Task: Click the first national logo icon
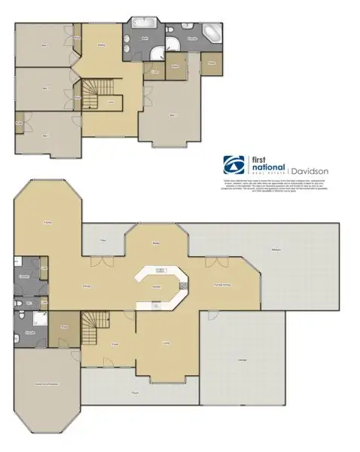pyautogui.click(x=233, y=163)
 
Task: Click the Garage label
pyautogui.click(x=242, y=360)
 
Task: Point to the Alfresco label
pyautogui.click(x=276, y=252)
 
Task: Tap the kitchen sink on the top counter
pyautogui.click(x=160, y=270)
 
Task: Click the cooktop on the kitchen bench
pyautogui.click(x=155, y=305)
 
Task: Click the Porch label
pyautogui.click(x=136, y=392)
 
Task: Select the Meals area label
pyautogui.click(x=157, y=243)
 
